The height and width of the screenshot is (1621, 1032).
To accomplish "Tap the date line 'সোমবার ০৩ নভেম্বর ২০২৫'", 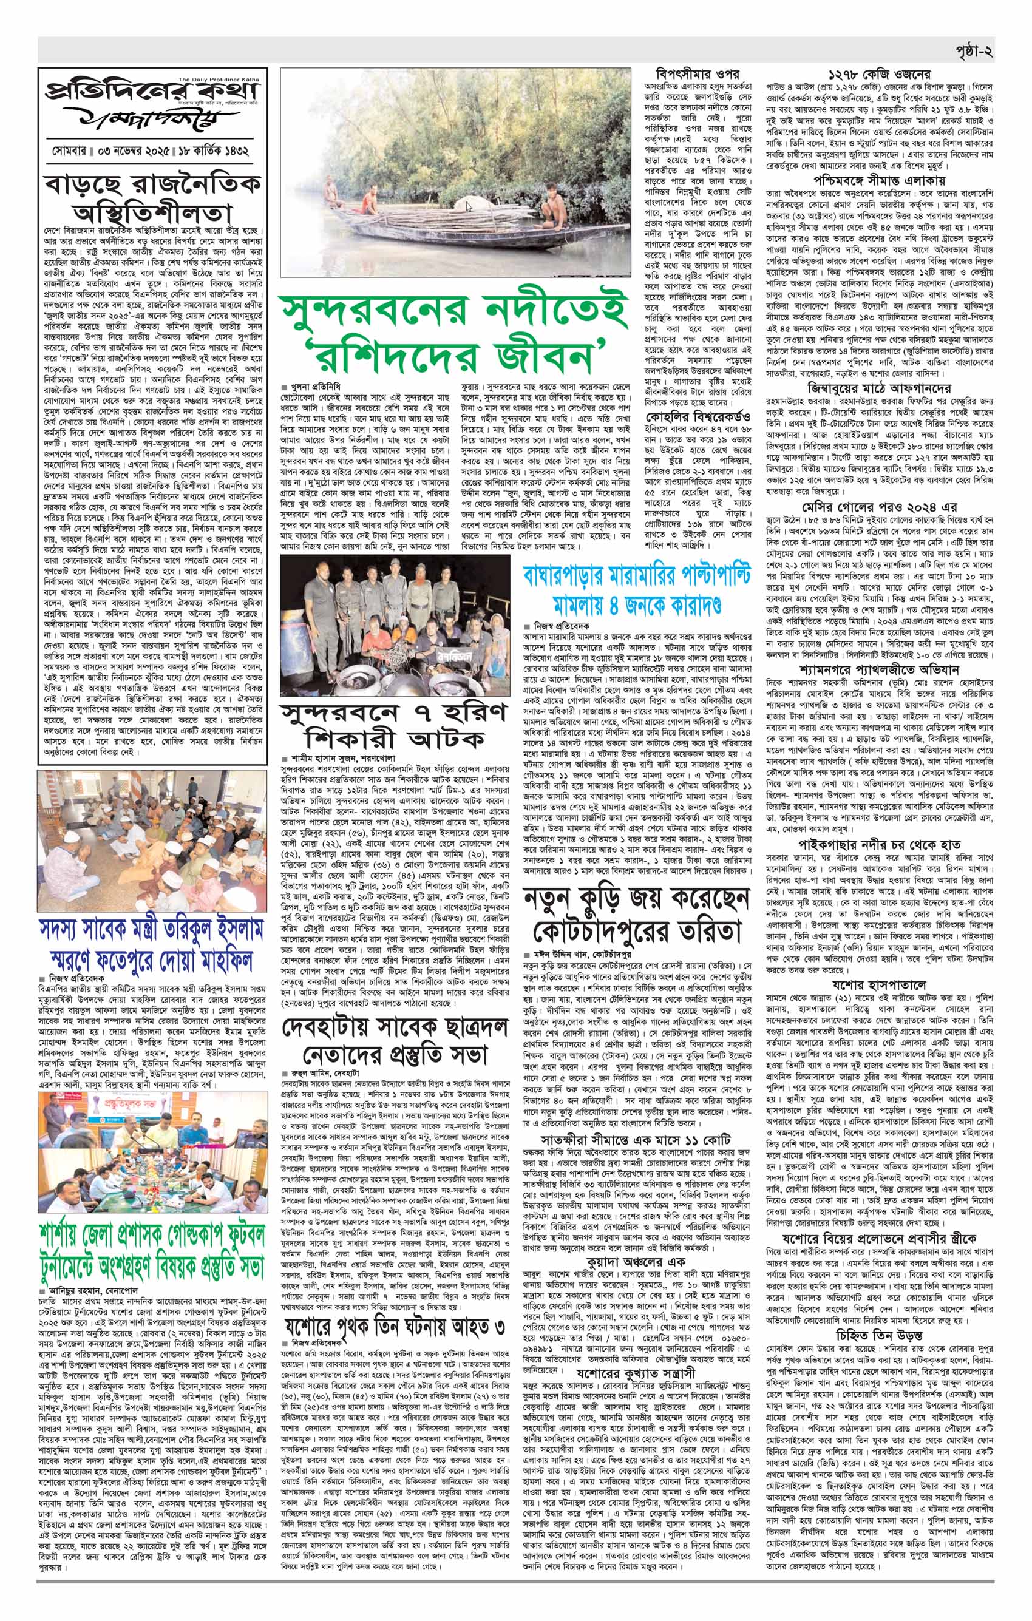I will pyautogui.click(x=107, y=149).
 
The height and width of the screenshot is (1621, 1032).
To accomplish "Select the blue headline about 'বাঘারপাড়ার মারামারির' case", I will pyautogui.click(x=637, y=587).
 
